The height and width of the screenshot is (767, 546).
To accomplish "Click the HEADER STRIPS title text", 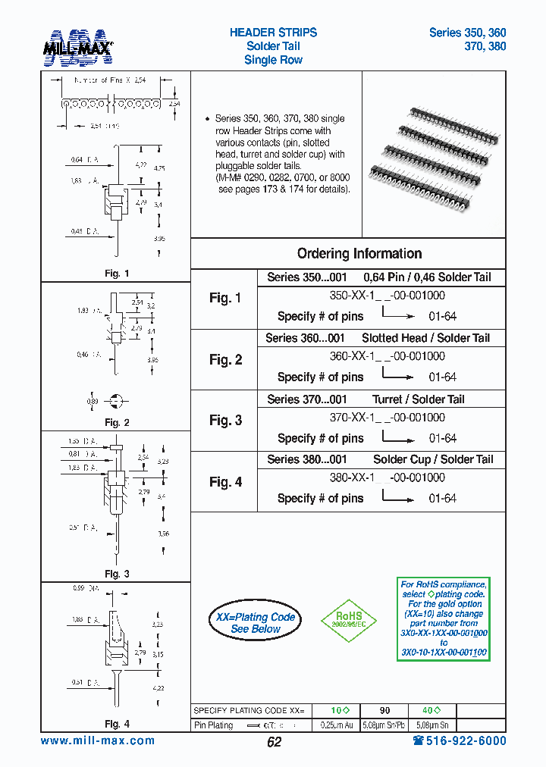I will [x=273, y=33].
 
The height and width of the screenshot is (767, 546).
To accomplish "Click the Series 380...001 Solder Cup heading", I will [x=380, y=459].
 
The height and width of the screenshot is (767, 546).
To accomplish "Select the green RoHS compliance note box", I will [x=444, y=618].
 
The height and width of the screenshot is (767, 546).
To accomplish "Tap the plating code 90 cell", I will [x=384, y=710].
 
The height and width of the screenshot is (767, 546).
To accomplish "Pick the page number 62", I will [x=274, y=742].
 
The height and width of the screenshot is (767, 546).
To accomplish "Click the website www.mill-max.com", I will [x=98, y=740].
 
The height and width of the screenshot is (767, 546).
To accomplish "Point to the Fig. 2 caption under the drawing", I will [x=117, y=423].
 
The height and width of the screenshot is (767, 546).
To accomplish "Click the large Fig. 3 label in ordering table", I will [x=225, y=421].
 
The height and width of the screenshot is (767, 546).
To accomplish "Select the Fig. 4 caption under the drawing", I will [x=117, y=724].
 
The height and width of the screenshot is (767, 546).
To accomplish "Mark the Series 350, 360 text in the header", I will [x=467, y=33].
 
